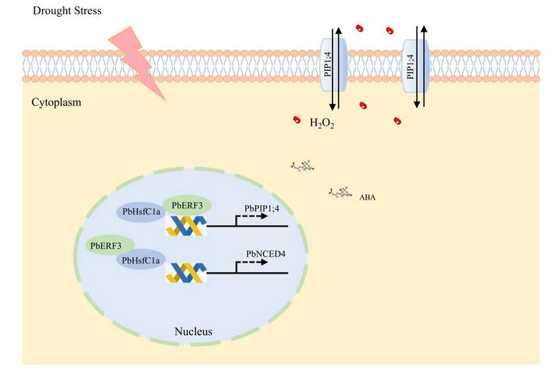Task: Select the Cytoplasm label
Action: point(56,103)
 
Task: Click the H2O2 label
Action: point(320,124)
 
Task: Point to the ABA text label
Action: point(369,194)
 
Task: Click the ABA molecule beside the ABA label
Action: point(342,192)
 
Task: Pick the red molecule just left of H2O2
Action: point(297,119)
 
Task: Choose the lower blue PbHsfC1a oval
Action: point(141,260)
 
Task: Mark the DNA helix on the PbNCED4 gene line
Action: point(185,274)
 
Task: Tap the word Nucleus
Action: point(193,330)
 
